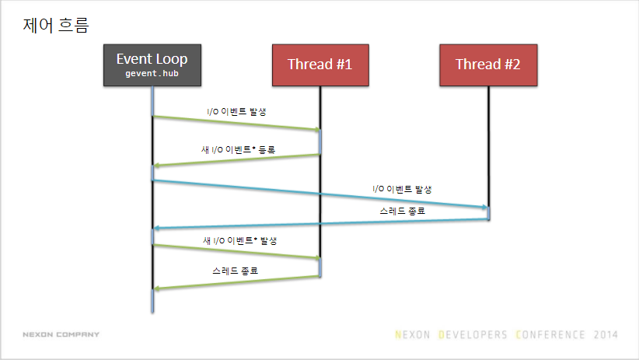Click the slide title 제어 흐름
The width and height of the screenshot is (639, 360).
[56, 26]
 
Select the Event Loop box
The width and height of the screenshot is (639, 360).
[152, 65]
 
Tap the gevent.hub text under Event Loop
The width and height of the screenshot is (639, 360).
[152, 73]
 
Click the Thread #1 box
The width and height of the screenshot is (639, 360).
[320, 65]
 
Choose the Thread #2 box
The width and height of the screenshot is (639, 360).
[488, 65]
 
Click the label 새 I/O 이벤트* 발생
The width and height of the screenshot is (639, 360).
[239, 240]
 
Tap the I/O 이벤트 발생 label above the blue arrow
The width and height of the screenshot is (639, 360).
[402, 189]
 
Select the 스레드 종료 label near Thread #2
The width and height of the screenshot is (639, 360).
[402, 211]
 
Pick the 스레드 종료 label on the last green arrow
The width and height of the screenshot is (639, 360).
[236, 271]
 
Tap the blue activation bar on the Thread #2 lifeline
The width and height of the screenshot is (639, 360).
[488, 213]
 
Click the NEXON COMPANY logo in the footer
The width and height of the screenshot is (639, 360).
[61, 334]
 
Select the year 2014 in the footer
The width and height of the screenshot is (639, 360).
[605, 335]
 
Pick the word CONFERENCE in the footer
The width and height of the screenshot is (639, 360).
[550, 335]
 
